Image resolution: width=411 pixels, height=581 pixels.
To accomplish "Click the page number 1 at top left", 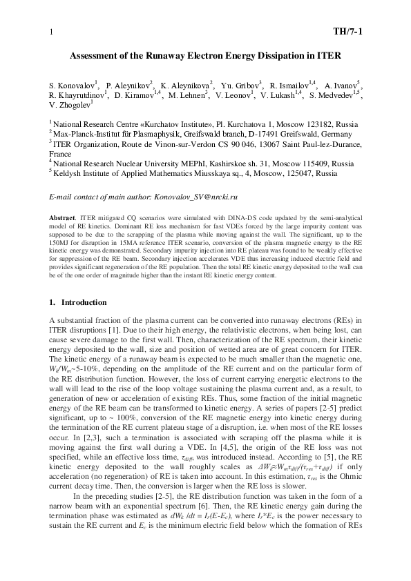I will click(51, 32).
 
